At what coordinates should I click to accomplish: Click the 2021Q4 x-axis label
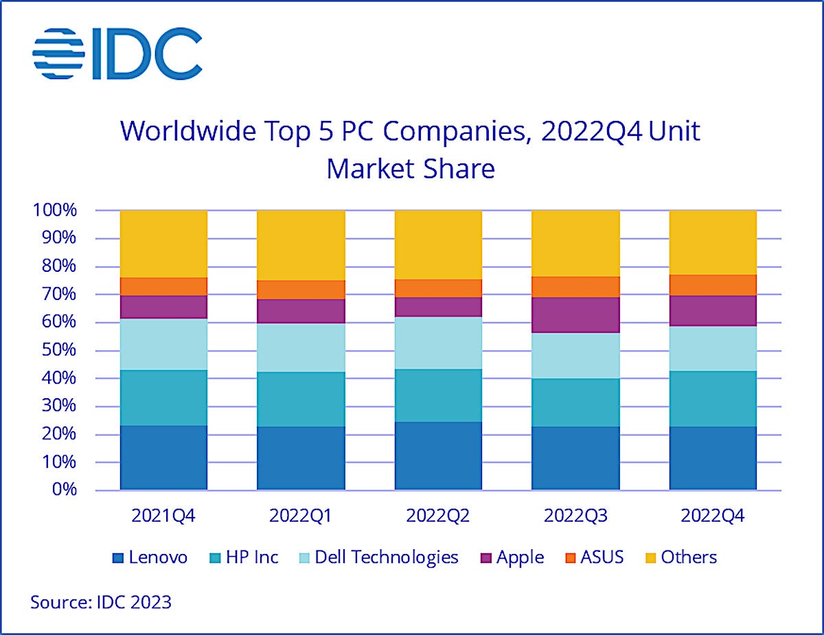163,516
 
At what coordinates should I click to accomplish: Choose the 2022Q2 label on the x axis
438,516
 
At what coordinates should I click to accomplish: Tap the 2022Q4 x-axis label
713,516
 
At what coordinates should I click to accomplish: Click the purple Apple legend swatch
485,557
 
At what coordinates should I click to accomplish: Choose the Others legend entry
680,557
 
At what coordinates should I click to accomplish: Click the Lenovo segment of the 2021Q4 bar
163,458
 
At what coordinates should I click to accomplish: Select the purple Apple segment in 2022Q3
575,314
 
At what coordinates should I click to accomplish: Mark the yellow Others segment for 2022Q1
301,245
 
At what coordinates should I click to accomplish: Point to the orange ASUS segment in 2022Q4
713,285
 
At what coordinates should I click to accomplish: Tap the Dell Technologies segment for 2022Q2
438,343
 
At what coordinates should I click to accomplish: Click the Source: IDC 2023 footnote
101,603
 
